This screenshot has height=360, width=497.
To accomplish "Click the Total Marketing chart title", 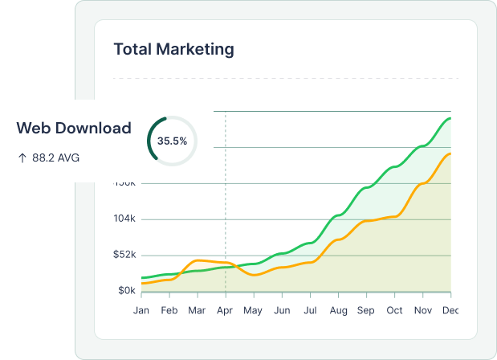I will coord(173,49).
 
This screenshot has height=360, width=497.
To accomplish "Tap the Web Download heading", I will coord(74,128).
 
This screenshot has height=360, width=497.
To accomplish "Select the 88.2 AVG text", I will coord(55,157).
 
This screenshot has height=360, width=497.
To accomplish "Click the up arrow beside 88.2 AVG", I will coord(22,157).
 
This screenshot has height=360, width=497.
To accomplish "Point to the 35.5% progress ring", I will coord(172,141).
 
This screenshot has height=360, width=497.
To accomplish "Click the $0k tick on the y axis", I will coord(127,290).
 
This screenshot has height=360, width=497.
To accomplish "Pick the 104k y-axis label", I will coord(124,219).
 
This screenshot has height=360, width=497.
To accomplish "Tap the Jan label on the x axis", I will coord(141,310).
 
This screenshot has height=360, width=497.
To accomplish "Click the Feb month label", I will coord(169,310).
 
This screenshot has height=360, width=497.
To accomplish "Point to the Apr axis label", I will coord(226,310).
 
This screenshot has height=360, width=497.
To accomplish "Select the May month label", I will coord(253,310).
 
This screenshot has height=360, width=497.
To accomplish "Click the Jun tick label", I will coord(282,310).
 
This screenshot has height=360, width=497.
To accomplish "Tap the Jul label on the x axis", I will coord(310,310).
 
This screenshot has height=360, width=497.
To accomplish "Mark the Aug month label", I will coord(338,310).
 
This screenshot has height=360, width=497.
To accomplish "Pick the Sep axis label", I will coord(366,310).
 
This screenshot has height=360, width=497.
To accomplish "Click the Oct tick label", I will coord(394,310).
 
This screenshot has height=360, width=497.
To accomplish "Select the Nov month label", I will coord(422,310).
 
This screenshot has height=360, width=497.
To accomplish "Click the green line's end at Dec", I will coord(450,118).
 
